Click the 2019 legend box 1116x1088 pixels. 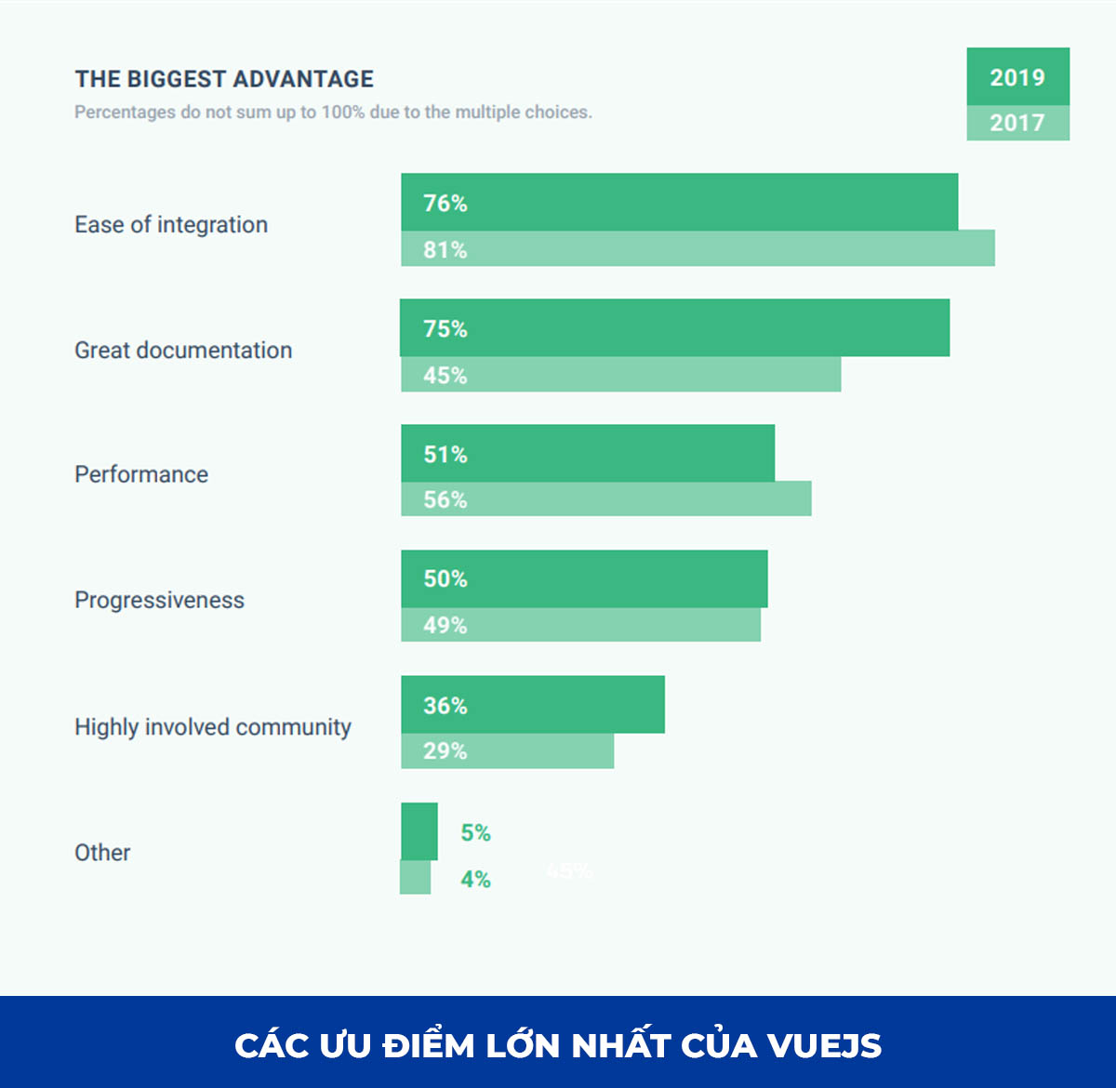pyautogui.click(x=1017, y=77)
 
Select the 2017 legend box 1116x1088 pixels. pyautogui.click(x=1017, y=123)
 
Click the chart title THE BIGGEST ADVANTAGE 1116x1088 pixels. pyautogui.click(x=224, y=79)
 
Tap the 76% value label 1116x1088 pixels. pyautogui.click(x=445, y=203)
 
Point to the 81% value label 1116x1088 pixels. pyautogui.click(x=445, y=249)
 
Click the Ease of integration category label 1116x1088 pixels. pyautogui.click(x=171, y=225)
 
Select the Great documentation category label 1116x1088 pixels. pyautogui.click(x=183, y=351)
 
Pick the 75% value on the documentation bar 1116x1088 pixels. pyautogui.click(x=445, y=328)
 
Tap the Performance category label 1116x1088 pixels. pyautogui.click(x=141, y=474)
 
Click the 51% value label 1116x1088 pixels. pyautogui.click(x=445, y=454)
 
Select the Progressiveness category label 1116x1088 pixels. pyautogui.click(x=159, y=601)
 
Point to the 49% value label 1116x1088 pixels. pyautogui.click(x=445, y=625)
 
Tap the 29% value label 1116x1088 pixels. pyautogui.click(x=445, y=750)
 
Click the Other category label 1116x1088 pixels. pyautogui.click(x=102, y=853)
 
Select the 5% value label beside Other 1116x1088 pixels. pyautogui.click(x=475, y=832)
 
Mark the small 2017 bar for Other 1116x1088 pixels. pyautogui.click(x=416, y=878)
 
